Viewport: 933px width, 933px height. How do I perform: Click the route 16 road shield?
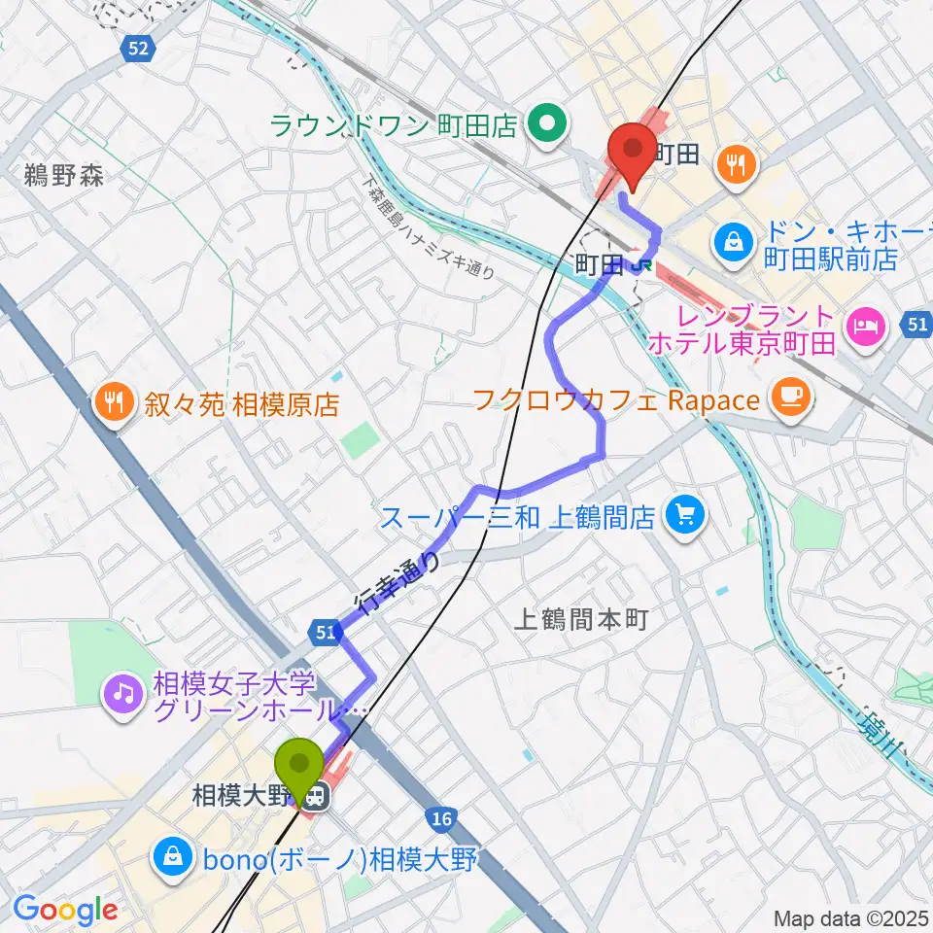point(441,819)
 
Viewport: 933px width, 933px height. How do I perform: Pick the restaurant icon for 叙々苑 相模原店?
point(115,402)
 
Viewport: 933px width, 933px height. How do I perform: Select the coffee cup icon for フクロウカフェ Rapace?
point(787,397)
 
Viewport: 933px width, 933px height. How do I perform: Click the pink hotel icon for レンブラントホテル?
point(862,329)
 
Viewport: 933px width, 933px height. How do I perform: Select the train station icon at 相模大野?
point(314,798)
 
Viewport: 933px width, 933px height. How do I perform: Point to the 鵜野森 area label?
point(64,176)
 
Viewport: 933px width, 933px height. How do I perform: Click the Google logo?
point(64,910)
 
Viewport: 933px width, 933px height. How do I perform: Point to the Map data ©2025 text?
point(850,918)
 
